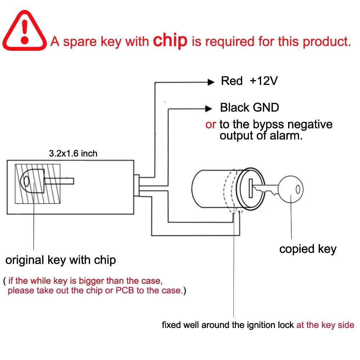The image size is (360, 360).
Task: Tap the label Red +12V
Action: click(x=249, y=81)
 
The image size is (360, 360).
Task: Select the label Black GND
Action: click(x=249, y=107)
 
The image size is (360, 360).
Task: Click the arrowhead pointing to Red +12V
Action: click(x=211, y=82)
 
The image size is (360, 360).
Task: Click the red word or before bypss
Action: click(x=210, y=124)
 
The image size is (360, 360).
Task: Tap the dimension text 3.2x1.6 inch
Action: click(x=73, y=154)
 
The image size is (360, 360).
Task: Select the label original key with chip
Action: click(x=60, y=260)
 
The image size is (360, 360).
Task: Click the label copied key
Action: click(x=308, y=249)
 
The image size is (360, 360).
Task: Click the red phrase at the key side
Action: click(x=325, y=325)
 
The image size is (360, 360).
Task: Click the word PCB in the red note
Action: click(x=123, y=290)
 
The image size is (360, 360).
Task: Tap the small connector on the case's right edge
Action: click(x=137, y=186)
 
